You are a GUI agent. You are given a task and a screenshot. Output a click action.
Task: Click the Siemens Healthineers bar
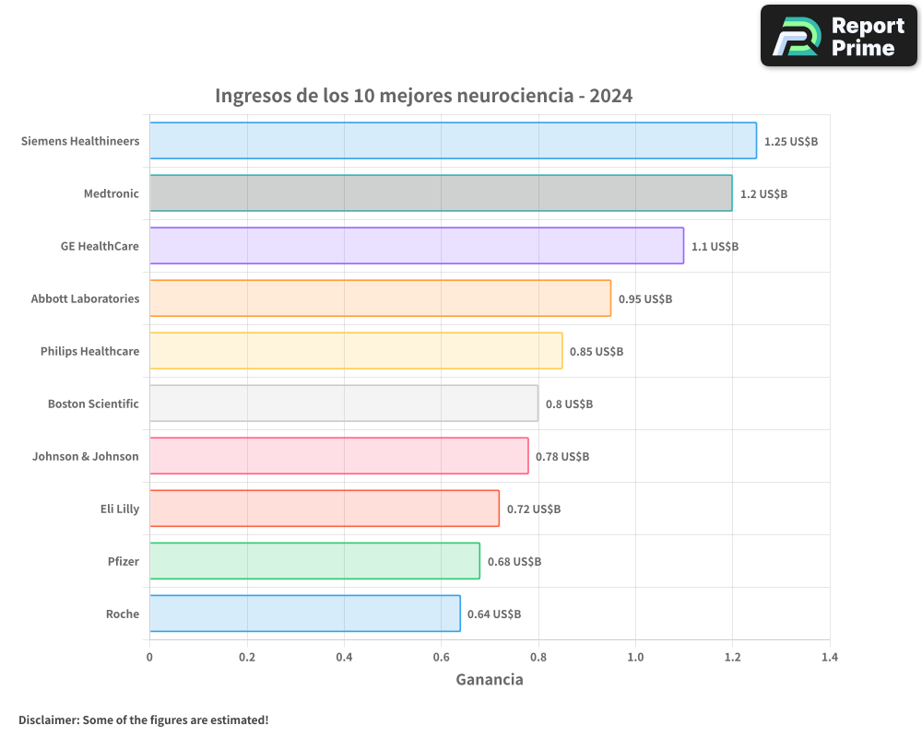[453, 141]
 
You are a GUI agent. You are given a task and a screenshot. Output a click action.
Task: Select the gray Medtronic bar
[441, 193]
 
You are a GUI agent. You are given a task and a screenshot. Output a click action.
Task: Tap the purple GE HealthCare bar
[417, 246]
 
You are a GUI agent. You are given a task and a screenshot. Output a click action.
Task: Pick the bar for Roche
[305, 614]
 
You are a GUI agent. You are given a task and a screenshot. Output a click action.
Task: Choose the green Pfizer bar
[314, 561]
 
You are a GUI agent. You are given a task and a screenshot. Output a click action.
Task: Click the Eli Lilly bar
[325, 509]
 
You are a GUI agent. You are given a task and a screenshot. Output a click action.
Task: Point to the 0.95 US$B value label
[645, 299]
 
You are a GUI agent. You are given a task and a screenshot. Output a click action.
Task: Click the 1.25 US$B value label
[791, 142]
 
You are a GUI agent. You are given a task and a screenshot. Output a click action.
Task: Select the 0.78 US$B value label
[562, 457]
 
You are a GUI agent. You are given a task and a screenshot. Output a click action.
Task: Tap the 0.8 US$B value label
[569, 404]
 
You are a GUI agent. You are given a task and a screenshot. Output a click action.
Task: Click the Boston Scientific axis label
[93, 404]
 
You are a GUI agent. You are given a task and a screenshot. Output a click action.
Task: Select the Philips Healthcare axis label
[89, 352]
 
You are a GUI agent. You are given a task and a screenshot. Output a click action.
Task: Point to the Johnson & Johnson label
[86, 457]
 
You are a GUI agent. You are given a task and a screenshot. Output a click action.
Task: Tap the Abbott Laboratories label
[85, 299]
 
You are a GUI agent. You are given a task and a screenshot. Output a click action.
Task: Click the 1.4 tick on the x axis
[830, 658]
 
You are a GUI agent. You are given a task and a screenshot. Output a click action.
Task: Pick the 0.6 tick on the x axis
[441, 658]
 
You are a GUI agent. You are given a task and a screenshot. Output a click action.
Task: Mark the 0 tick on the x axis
[149, 658]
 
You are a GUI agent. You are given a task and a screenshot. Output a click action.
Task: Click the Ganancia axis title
[490, 680]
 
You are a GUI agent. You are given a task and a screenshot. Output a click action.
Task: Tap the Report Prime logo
[839, 36]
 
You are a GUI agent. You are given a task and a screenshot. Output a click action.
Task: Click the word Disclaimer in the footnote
[48, 719]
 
